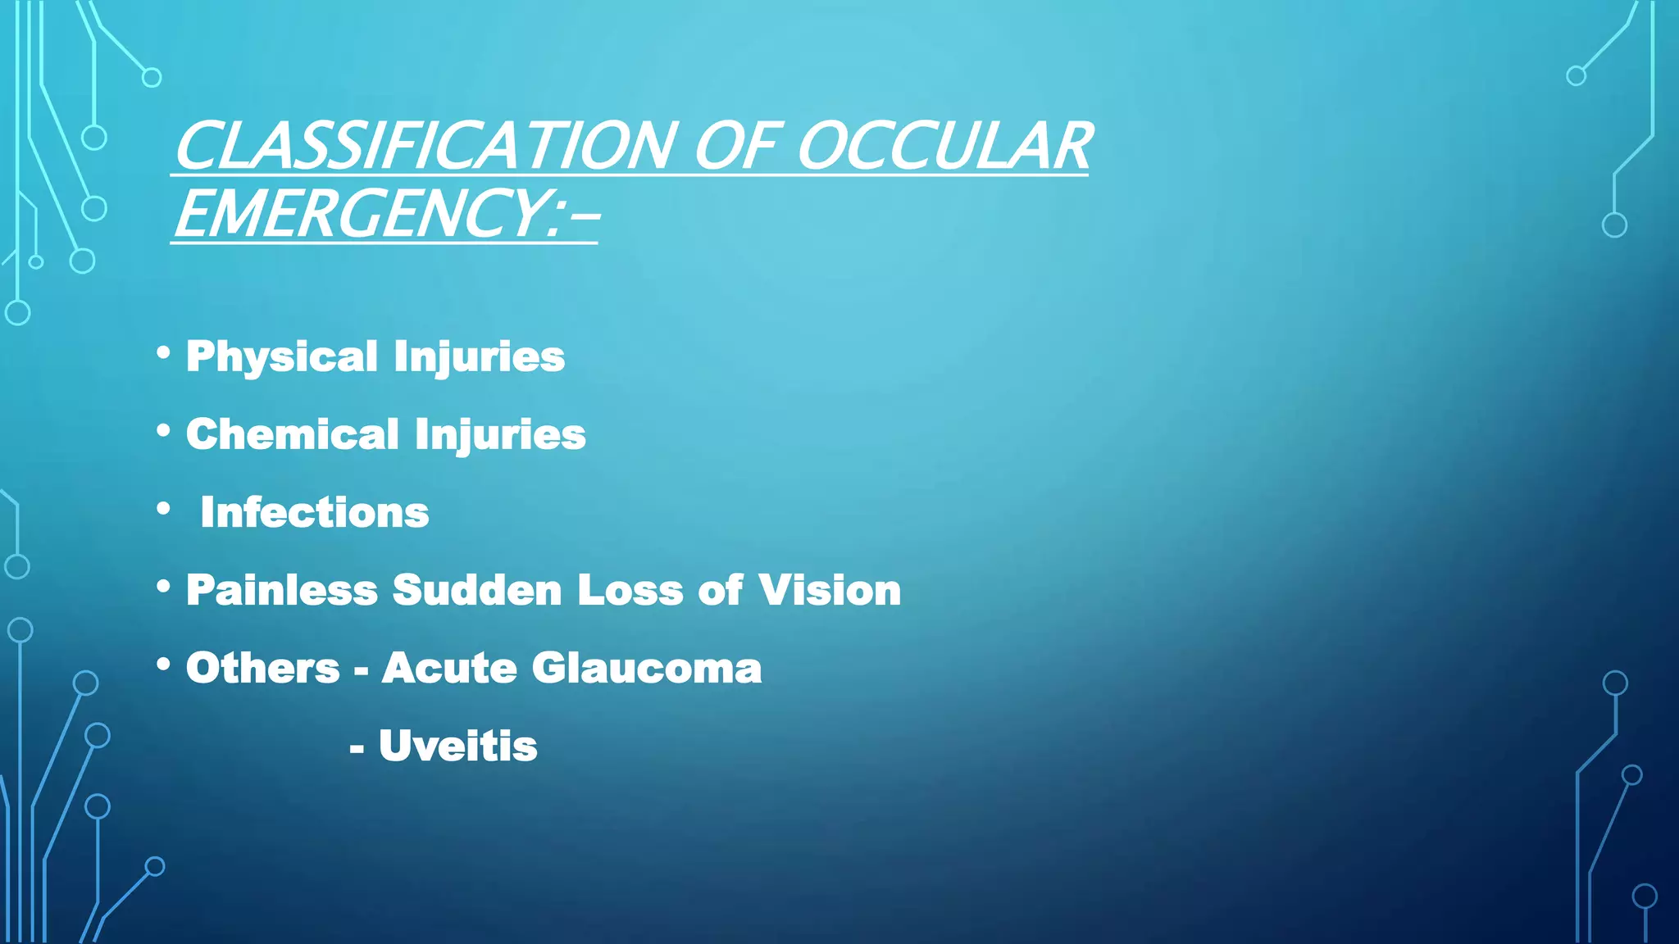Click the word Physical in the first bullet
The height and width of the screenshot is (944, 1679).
pyautogui.click(x=282, y=357)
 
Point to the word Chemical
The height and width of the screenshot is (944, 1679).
pyautogui.click(x=292, y=434)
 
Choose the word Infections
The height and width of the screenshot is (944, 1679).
pyautogui.click(x=315, y=513)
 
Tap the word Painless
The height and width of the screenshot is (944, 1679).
pyautogui.click(x=282, y=590)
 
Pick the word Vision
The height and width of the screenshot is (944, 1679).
pyautogui.click(x=830, y=590)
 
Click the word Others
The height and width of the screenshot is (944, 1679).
pyautogui.click(x=262, y=668)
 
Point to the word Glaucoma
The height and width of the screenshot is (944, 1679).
pyautogui.click(x=647, y=668)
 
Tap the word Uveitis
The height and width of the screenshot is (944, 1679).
pyautogui.click(x=457, y=746)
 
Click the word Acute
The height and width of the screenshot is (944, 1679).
pyautogui.click(x=449, y=668)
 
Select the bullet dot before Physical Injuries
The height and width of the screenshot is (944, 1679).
pyautogui.click(x=163, y=353)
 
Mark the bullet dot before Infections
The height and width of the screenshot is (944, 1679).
pyautogui.click(x=163, y=509)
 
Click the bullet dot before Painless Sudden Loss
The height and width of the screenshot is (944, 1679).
pyautogui.click(x=163, y=587)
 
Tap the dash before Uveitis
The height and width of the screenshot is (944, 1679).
pyautogui.click(x=357, y=747)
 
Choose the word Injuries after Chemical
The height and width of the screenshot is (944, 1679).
pyautogui.click(x=500, y=434)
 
